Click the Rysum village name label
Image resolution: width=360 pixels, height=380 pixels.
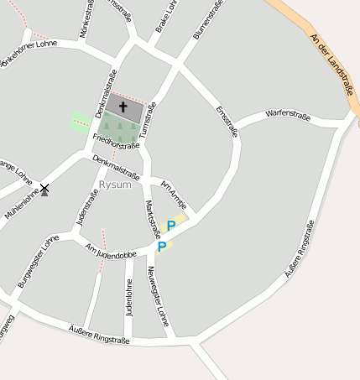tap(115, 185)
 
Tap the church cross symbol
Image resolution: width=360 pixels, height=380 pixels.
tap(123, 107)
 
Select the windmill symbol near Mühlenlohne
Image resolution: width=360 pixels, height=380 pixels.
tap(44, 190)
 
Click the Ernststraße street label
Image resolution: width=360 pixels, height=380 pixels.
tap(227, 121)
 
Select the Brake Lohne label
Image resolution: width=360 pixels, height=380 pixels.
tap(167, 18)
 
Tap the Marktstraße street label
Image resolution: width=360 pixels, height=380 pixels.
tap(153, 218)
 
